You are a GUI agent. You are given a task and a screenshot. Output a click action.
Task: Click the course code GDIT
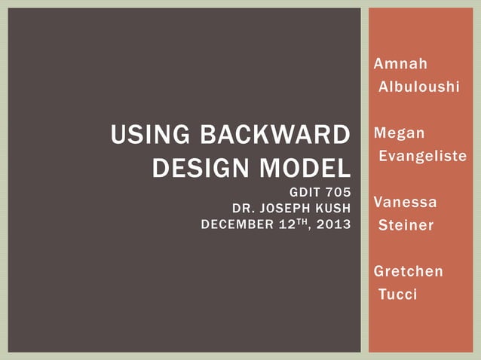click(305, 193)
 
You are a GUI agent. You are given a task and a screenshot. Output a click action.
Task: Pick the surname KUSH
click(332, 208)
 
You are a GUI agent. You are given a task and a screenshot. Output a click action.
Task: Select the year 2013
click(335, 224)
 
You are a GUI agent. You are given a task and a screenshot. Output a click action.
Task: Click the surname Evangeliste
click(422, 157)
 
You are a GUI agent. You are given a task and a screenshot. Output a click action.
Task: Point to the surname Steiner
click(406, 225)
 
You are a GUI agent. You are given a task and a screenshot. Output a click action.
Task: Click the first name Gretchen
click(409, 271)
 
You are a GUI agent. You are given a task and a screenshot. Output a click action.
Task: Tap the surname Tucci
click(397, 294)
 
